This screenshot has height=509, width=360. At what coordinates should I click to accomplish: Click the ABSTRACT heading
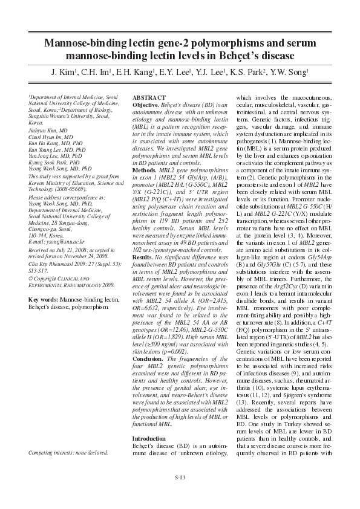coord(148,97)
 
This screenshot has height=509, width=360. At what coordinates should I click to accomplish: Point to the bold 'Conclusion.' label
coord(148,358)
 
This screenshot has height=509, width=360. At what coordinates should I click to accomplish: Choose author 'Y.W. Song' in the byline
coord(289,73)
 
